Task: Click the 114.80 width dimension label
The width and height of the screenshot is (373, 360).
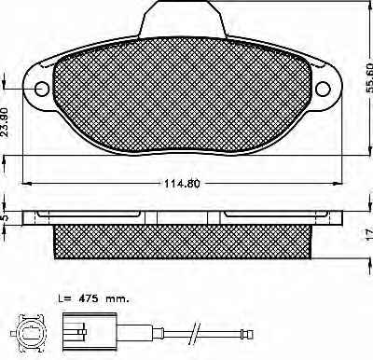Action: [182, 184]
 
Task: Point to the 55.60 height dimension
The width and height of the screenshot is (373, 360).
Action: [368, 78]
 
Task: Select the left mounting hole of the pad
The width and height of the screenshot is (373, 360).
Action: [42, 90]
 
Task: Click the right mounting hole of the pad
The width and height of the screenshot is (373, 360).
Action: [323, 90]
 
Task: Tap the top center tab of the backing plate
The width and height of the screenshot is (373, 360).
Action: [182, 19]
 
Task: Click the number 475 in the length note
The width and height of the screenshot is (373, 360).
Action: [89, 299]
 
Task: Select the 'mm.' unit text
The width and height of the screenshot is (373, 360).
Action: [117, 300]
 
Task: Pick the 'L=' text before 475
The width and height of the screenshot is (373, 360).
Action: [65, 299]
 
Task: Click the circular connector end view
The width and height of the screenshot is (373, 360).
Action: [30, 333]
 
